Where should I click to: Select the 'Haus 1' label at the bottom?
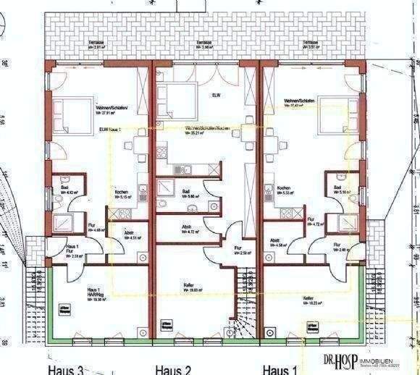pos(279,368)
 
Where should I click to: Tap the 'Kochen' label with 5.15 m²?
pos(121,194)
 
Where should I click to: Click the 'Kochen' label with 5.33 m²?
pos(285,190)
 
